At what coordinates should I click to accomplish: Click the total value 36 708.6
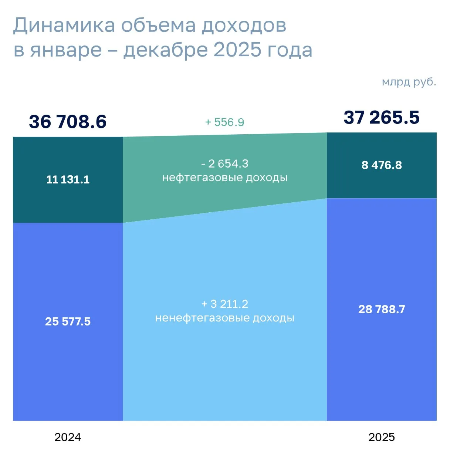68,122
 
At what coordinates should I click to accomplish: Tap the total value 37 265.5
382,117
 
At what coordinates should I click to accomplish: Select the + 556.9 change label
225,122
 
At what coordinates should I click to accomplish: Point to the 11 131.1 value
68,179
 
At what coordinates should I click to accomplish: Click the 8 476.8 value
382,165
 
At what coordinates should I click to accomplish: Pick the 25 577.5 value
68,321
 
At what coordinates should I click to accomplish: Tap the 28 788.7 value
382,309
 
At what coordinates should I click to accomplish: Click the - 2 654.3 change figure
225,163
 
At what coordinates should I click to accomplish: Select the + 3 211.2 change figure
225,304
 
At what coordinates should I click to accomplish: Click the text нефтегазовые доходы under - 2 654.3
225,178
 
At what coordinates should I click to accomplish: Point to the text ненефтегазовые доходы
225,318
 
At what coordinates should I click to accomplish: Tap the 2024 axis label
68,437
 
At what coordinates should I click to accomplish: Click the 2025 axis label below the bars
382,437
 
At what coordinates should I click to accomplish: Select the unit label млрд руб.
409,82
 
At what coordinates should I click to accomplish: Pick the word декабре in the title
165,50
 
